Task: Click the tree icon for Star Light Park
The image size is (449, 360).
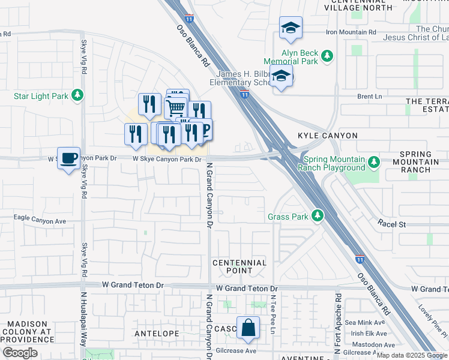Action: tap(77, 95)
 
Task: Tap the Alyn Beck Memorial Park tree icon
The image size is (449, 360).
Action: tap(327, 56)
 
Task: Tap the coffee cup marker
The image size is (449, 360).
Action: tap(69, 158)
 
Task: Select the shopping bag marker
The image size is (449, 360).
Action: tap(248, 328)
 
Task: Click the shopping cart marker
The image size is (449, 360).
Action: tap(175, 109)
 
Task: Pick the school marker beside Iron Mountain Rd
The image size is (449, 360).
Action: tap(291, 28)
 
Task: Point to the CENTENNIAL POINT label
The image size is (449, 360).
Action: tap(240, 266)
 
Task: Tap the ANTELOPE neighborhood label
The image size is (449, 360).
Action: tap(157, 333)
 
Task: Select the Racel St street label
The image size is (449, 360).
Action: tap(392, 224)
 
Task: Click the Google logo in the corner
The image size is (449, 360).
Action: tap(20, 353)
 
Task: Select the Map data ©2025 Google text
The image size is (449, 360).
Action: tap(412, 355)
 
